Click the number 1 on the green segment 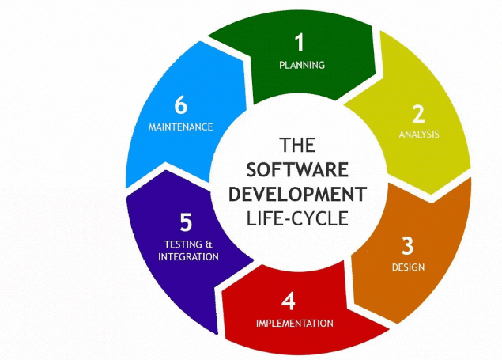tap(299, 44)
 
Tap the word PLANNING tap(302, 65)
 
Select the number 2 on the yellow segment tap(418, 114)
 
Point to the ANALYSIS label tap(419, 134)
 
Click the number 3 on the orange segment tap(407, 245)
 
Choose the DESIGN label tap(408, 267)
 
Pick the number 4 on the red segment tap(289, 301)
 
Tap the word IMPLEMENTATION tap(294, 323)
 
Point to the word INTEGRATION tap(188, 257)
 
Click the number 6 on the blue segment tap(180, 105)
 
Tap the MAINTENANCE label tap(180, 127)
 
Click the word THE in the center tap(298, 145)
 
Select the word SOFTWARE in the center tap(297, 170)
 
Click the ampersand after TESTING tap(209, 244)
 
